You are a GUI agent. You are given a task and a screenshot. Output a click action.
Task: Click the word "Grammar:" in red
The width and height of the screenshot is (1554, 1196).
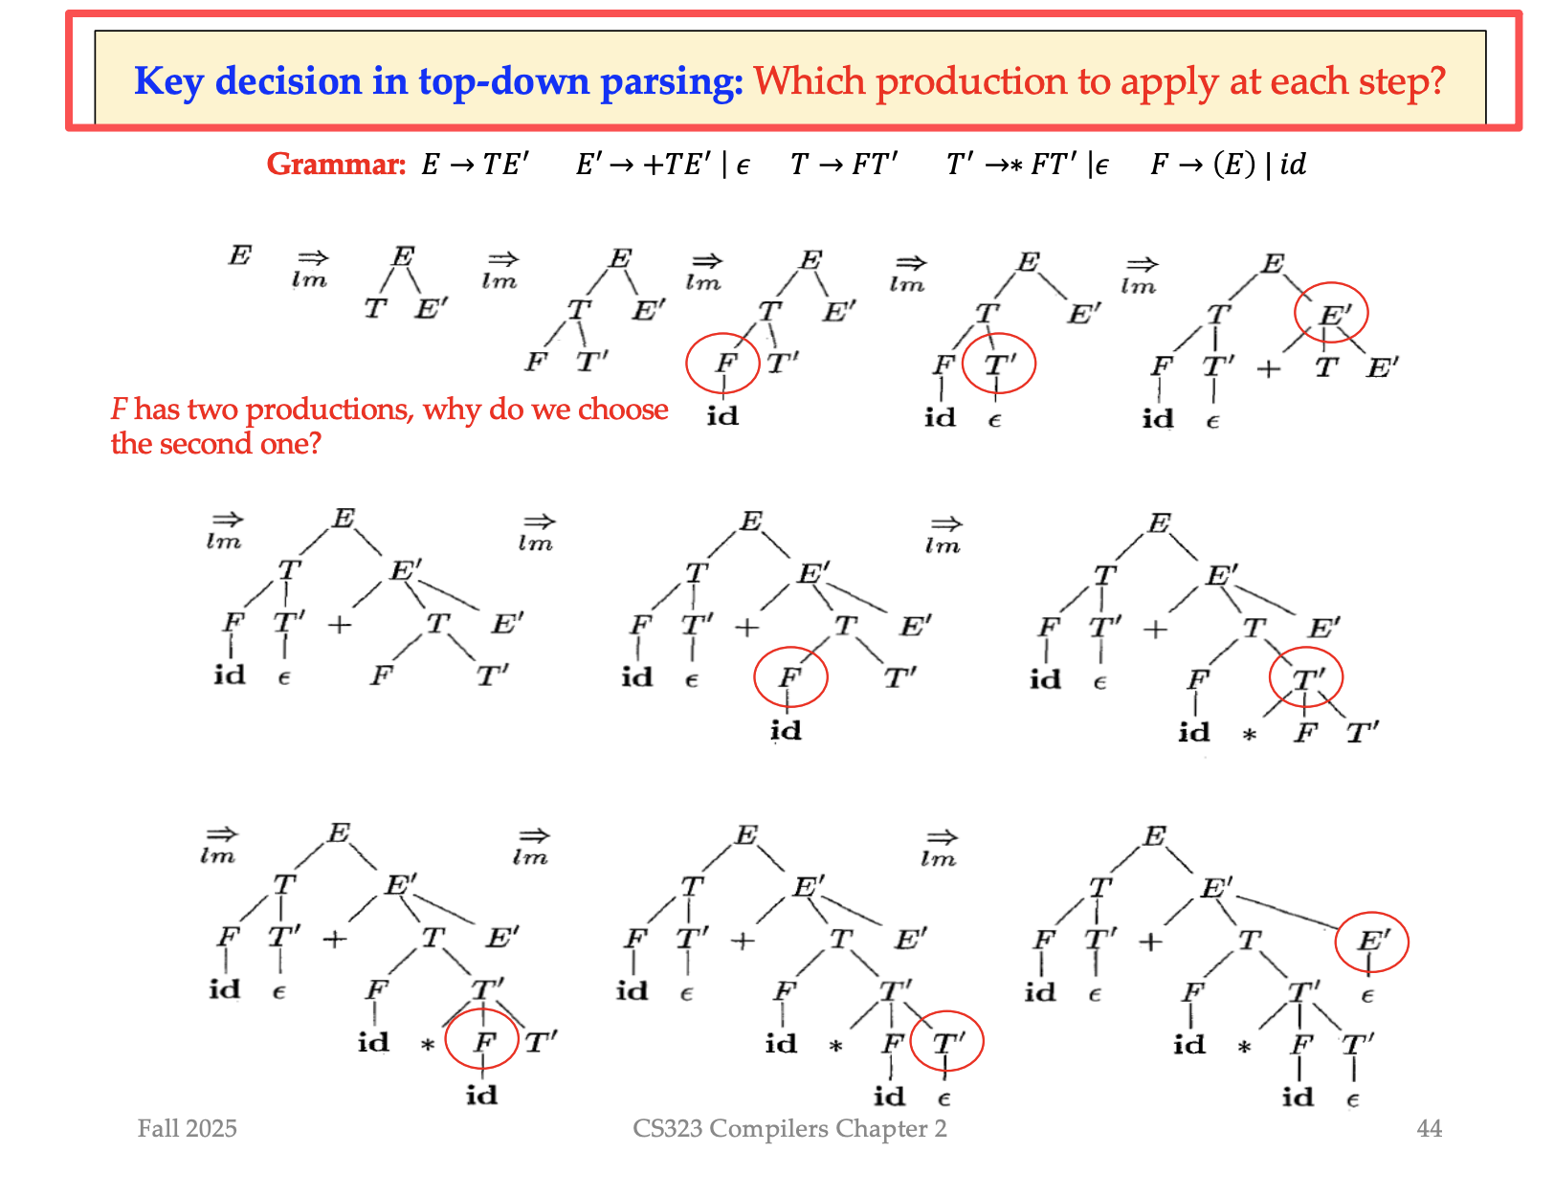336,165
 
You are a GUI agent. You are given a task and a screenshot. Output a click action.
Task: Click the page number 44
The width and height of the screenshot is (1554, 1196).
1428,1128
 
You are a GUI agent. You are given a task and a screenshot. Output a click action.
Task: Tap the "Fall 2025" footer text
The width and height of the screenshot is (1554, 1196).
187,1128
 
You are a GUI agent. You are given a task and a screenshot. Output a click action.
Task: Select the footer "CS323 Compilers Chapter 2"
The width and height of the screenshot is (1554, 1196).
789,1128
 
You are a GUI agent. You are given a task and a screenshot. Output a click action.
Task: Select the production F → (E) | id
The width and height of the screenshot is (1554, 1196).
1228,165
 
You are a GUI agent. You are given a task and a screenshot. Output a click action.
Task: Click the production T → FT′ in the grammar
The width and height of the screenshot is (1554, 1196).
844,165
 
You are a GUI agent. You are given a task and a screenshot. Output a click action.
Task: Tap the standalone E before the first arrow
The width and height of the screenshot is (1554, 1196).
239,255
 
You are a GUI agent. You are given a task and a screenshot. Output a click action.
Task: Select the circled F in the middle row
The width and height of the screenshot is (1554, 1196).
789,676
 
